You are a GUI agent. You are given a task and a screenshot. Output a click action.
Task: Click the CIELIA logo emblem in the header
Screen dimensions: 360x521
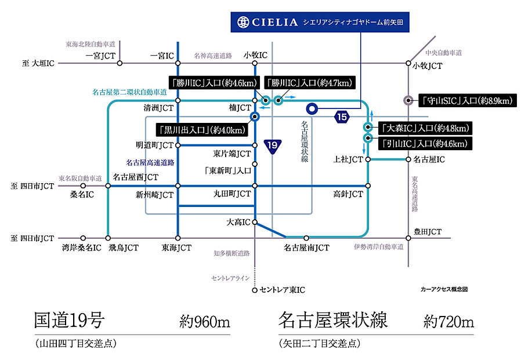click(243, 22)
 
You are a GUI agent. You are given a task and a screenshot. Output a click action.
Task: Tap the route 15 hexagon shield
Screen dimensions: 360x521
click(342, 117)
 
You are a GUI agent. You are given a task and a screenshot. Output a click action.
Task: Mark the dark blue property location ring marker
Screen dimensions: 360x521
click(312, 108)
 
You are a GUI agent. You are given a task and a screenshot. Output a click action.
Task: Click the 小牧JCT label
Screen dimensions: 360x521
click(428, 66)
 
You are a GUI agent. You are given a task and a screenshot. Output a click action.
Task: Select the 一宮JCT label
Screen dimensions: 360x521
click(101, 56)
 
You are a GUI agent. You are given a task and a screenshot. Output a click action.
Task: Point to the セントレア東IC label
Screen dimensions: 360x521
click(282, 289)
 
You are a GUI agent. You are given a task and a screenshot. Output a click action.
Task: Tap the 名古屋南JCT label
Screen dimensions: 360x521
click(306, 248)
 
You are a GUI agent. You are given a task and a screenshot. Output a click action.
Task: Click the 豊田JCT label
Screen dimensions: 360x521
click(428, 232)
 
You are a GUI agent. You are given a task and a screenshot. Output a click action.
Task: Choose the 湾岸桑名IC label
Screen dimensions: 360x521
click(81, 248)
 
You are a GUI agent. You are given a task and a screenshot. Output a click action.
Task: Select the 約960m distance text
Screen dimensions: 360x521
click(205, 322)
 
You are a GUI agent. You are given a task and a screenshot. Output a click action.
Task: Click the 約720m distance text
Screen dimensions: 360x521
click(448, 322)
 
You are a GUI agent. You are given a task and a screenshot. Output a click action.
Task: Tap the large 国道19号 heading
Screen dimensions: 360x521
click(69, 320)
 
